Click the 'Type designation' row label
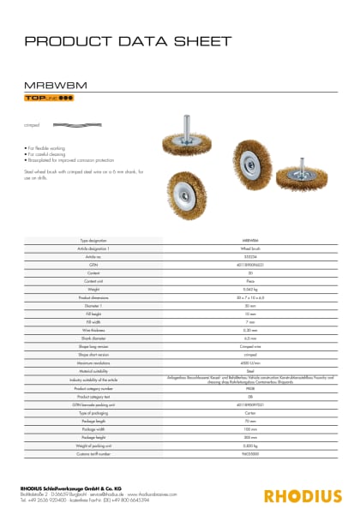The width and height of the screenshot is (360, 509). pos(96,242)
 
